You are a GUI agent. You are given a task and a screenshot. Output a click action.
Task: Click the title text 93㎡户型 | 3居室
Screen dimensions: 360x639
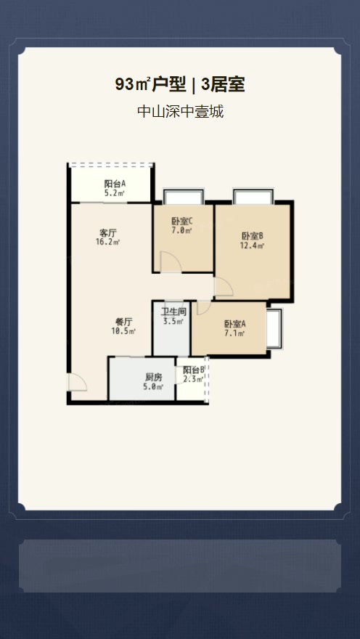(179, 85)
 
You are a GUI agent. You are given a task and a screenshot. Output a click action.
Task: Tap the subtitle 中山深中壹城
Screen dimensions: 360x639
(181, 111)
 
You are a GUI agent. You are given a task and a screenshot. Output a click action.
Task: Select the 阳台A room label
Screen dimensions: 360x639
(115, 184)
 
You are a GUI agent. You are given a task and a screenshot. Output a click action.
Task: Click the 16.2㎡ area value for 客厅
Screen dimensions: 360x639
(108, 242)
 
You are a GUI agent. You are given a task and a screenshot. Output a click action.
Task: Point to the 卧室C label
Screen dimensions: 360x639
(181, 221)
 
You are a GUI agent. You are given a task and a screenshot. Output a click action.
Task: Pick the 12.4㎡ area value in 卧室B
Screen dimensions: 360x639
(253, 245)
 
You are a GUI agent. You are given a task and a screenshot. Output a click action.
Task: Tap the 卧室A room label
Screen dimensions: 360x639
(235, 324)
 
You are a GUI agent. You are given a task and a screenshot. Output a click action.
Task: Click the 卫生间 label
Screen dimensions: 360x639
(173, 312)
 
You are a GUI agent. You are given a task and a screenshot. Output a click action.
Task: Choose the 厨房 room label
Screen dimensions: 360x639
(154, 378)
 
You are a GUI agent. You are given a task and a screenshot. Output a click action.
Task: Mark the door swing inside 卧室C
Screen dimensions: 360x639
(171, 262)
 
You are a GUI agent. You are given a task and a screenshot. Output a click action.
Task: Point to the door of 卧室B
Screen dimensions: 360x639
(224, 286)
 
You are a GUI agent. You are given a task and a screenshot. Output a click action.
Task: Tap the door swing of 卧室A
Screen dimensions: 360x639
(204, 308)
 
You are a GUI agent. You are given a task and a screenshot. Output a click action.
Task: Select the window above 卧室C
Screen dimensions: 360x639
(183, 197)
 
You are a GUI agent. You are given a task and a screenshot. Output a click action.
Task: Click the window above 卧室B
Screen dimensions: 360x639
(253, 197)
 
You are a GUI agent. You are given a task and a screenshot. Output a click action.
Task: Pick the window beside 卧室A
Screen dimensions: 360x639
(274, 328)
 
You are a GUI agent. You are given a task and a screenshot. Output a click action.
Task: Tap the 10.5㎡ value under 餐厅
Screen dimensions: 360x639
(123, 331)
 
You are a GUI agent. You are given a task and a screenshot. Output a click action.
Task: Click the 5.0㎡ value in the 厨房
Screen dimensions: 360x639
(154, 387)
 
